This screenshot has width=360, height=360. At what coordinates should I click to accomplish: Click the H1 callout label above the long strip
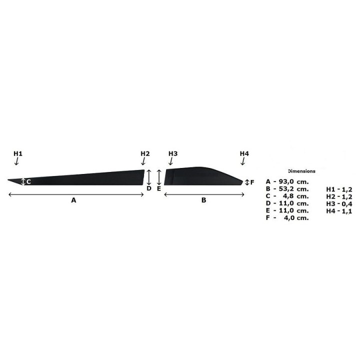click(18, 153)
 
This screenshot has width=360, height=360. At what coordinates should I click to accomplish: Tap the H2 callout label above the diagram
click(145, 153)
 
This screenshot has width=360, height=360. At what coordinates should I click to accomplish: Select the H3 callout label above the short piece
click(173, 153)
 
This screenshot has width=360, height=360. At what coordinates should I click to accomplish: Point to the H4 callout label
click(244, 153)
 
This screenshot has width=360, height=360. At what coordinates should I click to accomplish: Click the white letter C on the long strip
click(28, 182)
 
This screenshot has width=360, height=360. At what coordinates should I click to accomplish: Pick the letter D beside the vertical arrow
click(149, 188)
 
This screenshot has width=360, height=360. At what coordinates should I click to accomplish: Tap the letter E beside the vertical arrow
click(159, 188)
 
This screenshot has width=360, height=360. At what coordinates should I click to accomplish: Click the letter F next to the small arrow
click(252, 182)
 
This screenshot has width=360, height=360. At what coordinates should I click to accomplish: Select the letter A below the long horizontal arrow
click(73, 200)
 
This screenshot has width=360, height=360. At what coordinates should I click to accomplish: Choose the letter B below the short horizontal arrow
click(203, 200)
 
